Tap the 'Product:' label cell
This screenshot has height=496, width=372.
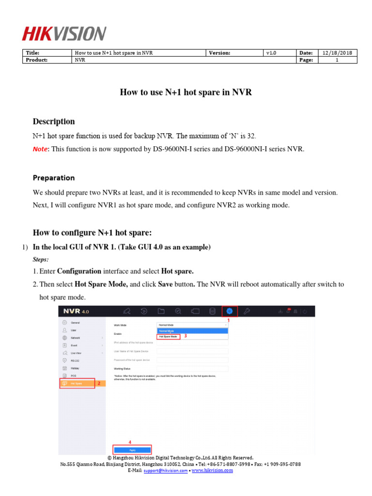pyautogui.click(x=37, y=60)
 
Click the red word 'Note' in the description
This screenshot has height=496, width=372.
pyautogui.click(x=41, y=149)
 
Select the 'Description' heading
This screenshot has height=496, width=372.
pyautogui.click(x=53, y=122)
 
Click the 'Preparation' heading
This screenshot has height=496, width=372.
pyautogui.click(x=53, y=178)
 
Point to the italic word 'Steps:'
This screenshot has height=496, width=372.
pyautogui.click(x=40, y=260)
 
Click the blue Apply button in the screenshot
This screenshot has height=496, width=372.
pyautogui.click(x=132, y=450)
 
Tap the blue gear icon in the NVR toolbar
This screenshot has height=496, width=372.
pyautogui.click(x=230, y=311)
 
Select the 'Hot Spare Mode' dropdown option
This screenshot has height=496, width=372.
pyautogui.click(x=168, y=336)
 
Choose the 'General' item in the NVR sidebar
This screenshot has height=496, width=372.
pyautogui.click(x=75, y=322)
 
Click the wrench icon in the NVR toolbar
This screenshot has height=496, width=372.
pyautogui.click(x=247, y=311)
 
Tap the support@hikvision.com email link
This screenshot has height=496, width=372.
pyautogui.click(x=165, y=470)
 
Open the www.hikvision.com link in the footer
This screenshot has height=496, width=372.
pyautogui.click(x=212, y=470)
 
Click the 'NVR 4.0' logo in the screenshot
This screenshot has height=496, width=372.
pyautogui.click(x=76, y=311)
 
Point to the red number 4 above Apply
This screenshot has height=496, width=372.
pyautogui.click(x=129, y=442)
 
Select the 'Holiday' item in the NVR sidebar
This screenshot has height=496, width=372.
pyautogui.click(x=75, y=368)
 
